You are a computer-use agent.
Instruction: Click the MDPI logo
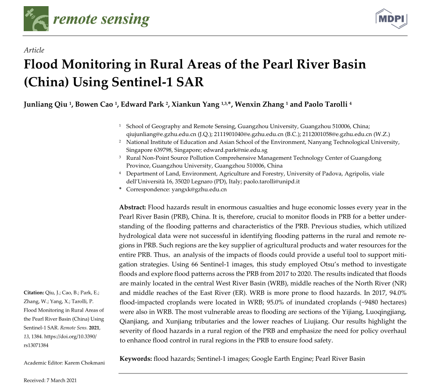point(391,18)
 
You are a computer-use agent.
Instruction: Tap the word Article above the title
point(34,50)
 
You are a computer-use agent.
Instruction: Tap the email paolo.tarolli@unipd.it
point(275,182)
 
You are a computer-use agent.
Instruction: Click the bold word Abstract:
point(133,207)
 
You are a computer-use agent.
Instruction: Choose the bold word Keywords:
point(136,359)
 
